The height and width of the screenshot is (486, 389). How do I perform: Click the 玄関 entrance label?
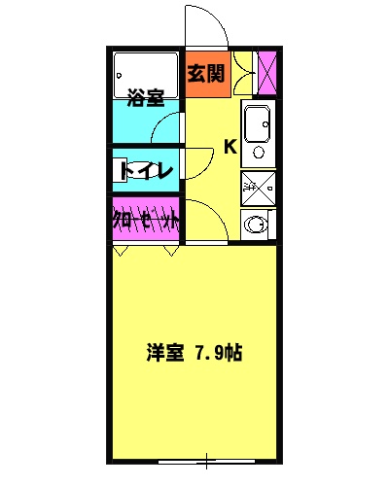tap(206, 73)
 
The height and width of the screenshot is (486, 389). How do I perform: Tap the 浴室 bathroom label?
tap(146, 97)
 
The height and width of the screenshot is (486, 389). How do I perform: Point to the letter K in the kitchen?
tap(230, 147)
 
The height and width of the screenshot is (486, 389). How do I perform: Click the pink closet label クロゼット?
tap(146, 220)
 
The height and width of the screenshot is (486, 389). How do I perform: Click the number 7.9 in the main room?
tap(206, 354)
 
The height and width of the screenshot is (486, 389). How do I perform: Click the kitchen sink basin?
tap(257, 123)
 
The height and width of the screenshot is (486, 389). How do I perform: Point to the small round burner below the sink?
tap(258, 152)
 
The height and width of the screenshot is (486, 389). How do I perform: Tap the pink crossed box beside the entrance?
tap(266, 73)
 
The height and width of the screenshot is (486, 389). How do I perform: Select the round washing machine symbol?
tap(257, 224)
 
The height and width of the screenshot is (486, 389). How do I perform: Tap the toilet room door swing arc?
tap(198, 162)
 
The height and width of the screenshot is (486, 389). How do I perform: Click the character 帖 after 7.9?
tap(232, 354)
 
